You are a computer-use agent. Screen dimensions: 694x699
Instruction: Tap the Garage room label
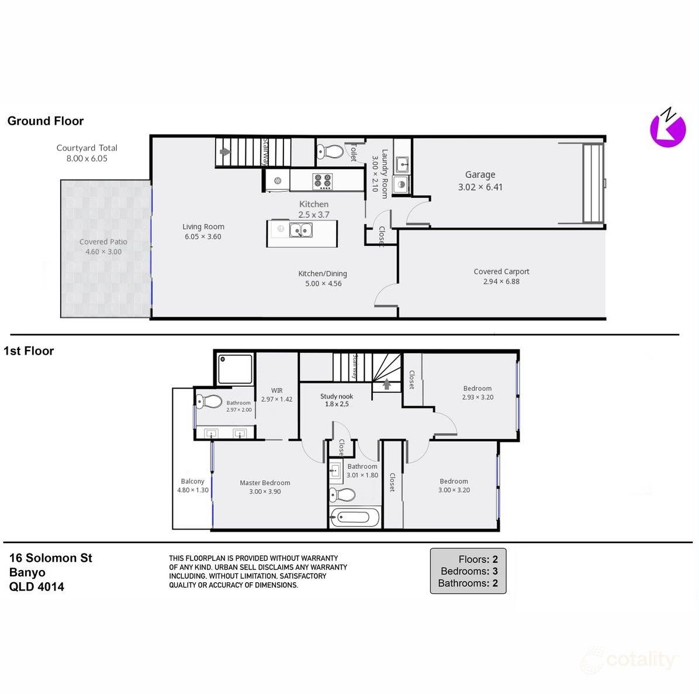480,174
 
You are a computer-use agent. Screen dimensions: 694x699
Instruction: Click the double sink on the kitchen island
301,230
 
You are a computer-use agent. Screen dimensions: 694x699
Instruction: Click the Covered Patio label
103,242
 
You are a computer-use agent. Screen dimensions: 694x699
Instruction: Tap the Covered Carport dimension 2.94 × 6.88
501,281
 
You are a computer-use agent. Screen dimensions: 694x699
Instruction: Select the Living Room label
203,226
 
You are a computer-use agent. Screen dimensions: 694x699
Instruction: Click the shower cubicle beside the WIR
235,369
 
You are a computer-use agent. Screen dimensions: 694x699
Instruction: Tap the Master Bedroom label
265,483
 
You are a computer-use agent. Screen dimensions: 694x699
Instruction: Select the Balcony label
192,481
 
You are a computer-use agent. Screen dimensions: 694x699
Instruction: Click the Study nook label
337,396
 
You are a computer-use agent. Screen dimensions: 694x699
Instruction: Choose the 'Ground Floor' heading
46,121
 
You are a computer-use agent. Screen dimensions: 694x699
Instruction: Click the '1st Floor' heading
29,351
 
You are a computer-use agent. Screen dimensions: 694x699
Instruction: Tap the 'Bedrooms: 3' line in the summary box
468,571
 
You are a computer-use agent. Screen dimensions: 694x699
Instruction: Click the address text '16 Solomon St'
51,558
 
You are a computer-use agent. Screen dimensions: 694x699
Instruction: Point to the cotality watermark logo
629,661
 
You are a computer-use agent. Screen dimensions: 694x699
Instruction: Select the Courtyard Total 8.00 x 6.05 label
86,153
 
